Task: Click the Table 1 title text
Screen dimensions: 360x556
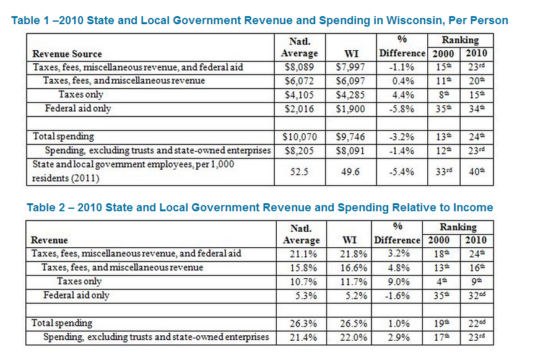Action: point(259,20)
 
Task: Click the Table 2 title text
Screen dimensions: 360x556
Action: point(259,208)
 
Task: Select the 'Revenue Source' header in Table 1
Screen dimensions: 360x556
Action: point(67,54)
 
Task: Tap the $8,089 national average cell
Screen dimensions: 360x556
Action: point(299,67)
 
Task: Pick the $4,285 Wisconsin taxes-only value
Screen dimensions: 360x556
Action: point(350,95)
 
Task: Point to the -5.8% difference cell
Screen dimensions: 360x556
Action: point(402,109)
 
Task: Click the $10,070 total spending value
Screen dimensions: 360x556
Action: point(299,136)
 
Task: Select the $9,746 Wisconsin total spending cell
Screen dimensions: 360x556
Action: point(350,136)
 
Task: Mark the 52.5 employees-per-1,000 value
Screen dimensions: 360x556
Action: point(299,172)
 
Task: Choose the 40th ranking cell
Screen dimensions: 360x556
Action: point(476,172)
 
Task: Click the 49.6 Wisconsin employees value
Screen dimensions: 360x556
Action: point(350,172)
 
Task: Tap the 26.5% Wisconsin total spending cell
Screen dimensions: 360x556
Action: point(354,323)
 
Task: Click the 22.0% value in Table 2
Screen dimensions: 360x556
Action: point(354,338)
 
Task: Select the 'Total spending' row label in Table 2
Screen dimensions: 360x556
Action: point(62,323)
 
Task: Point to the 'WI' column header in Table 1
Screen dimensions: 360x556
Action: point(351,54)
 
